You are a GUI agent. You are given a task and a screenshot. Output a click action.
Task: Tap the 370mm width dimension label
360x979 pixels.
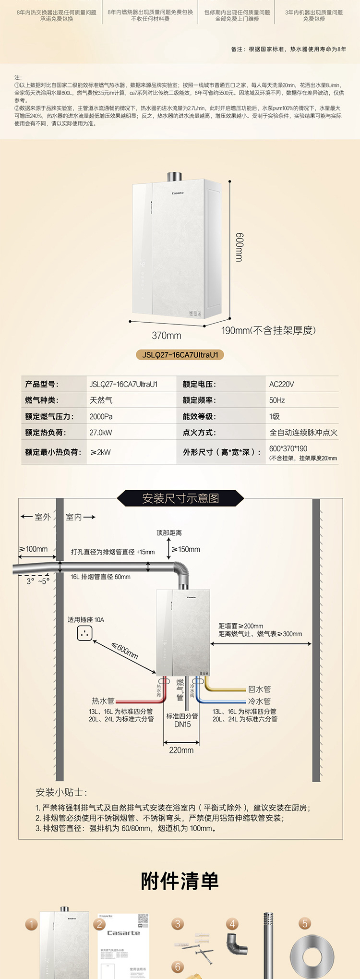[x=167, y=335]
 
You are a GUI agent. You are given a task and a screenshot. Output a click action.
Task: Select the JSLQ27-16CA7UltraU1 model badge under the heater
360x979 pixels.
[x=180, y=355]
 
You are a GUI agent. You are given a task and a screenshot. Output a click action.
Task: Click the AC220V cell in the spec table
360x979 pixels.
[x=282, y=384]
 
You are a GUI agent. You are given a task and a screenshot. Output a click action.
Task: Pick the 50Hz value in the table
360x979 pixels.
[x=277, y=400]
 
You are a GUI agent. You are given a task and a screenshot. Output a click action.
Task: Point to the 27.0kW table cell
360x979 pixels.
[x=101, y=433]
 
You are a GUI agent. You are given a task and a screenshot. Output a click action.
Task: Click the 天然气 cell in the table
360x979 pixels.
[x=101, y=400]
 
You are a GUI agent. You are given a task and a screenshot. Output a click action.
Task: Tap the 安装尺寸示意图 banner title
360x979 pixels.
[x=180, y=498]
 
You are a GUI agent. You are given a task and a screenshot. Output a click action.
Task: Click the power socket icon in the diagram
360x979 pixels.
[x=85, y=633]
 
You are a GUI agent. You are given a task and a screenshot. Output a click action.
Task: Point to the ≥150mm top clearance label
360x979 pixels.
[x=186, y=549]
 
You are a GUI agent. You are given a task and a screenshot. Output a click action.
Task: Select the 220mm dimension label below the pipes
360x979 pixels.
[x=181, y=750]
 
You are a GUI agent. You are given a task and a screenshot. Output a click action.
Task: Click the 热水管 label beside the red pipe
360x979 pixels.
[x=103, y=701]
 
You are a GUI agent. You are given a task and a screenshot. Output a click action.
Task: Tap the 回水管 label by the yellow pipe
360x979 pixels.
[x=260, y=689]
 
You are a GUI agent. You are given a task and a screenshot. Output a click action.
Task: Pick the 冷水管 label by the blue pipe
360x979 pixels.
[x=260, y=701]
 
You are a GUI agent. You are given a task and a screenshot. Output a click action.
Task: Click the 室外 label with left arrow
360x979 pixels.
[x=36, y=517]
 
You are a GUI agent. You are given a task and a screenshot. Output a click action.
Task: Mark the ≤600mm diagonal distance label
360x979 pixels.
[x=125, y=651]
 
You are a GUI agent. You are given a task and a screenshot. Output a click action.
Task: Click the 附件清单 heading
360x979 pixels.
[x=180, y=881]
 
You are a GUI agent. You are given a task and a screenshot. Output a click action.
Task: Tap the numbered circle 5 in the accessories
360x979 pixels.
[x=304, y=923]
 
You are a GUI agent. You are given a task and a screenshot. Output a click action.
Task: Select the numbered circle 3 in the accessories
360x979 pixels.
[x=178, y=923]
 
